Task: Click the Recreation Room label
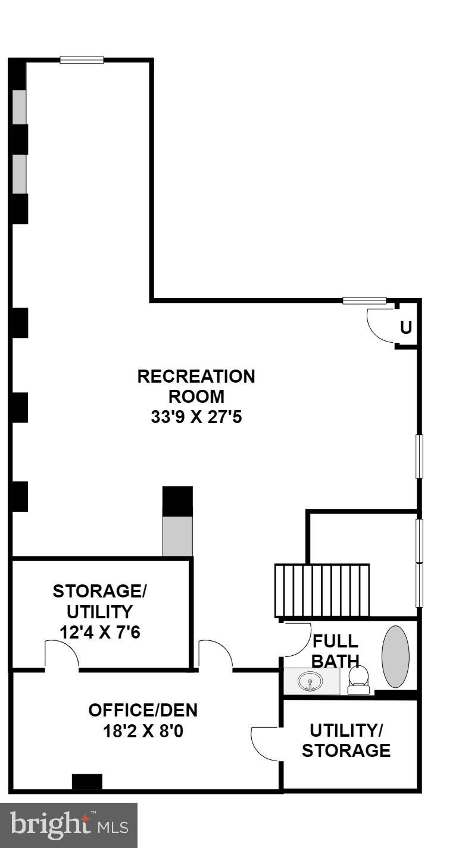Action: point(196,386)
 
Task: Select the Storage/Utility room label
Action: point(99,602)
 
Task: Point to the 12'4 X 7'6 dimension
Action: point(99,631)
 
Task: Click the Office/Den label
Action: point(142,709)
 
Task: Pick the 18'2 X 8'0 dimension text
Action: point(142,730)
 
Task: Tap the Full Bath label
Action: point(335,651)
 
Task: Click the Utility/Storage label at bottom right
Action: point(346,740)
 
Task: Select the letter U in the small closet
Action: point(406,327)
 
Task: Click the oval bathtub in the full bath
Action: point(395,656)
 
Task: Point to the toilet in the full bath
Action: point(358,680)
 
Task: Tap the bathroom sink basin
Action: point(310,681)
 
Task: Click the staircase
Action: point(321,590)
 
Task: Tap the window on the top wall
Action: point(82,60)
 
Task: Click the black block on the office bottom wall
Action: point(87,782)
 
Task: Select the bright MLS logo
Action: point(68,825)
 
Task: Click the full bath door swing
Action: point(296,639)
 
